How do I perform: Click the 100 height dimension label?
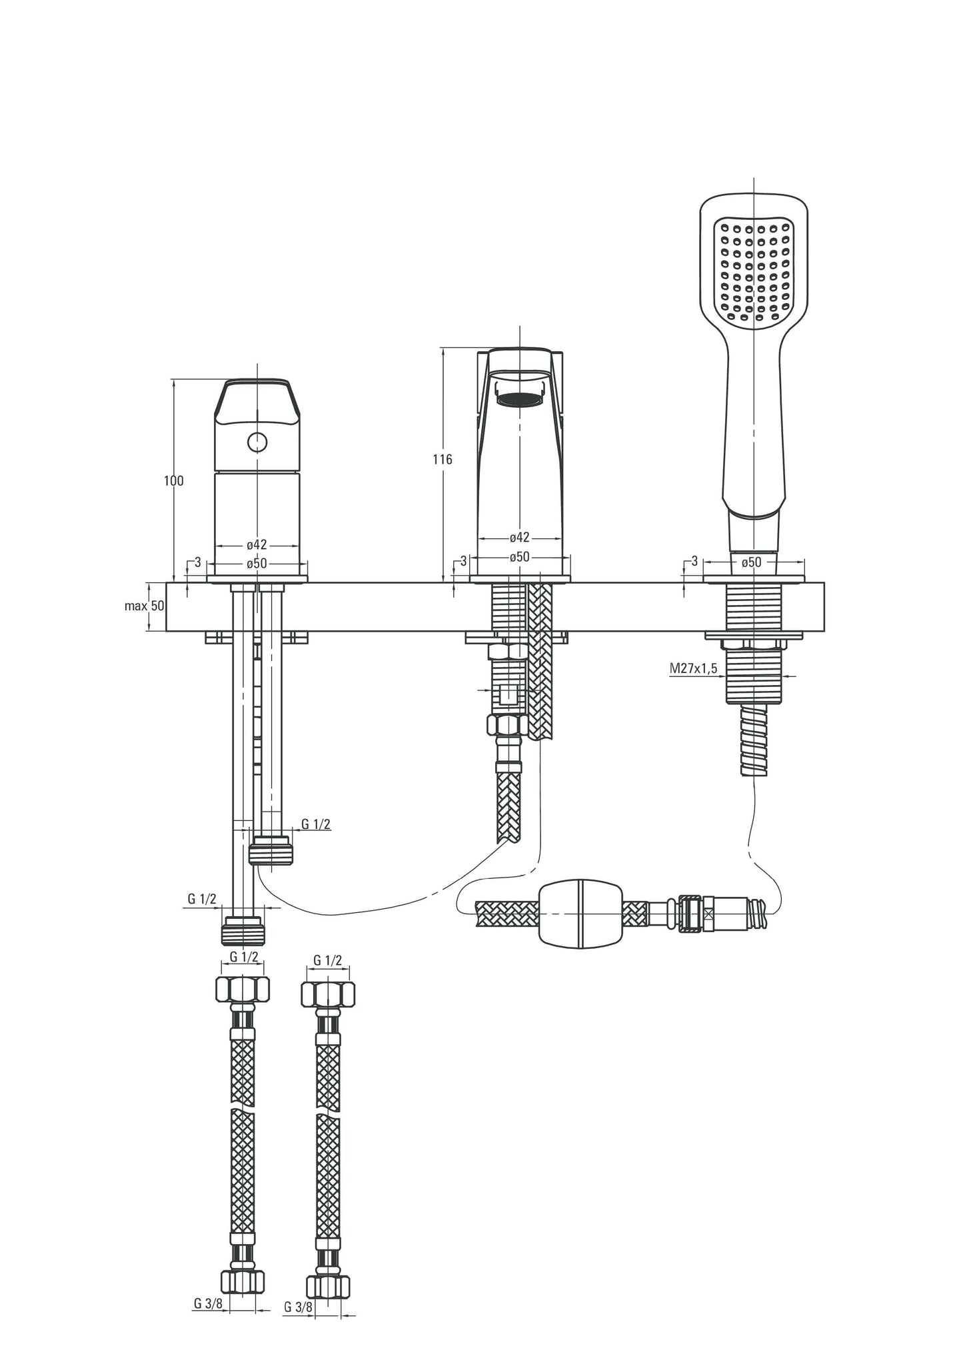point(174,480)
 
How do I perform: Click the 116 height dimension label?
point(442,459)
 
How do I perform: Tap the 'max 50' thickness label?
point(145,606)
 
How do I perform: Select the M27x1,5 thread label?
point(694,668)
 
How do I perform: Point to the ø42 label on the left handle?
point(257,544)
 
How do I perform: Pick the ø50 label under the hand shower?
point(751,562)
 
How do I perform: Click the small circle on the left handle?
point(257,441)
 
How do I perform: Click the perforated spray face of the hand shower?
point(753,273)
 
